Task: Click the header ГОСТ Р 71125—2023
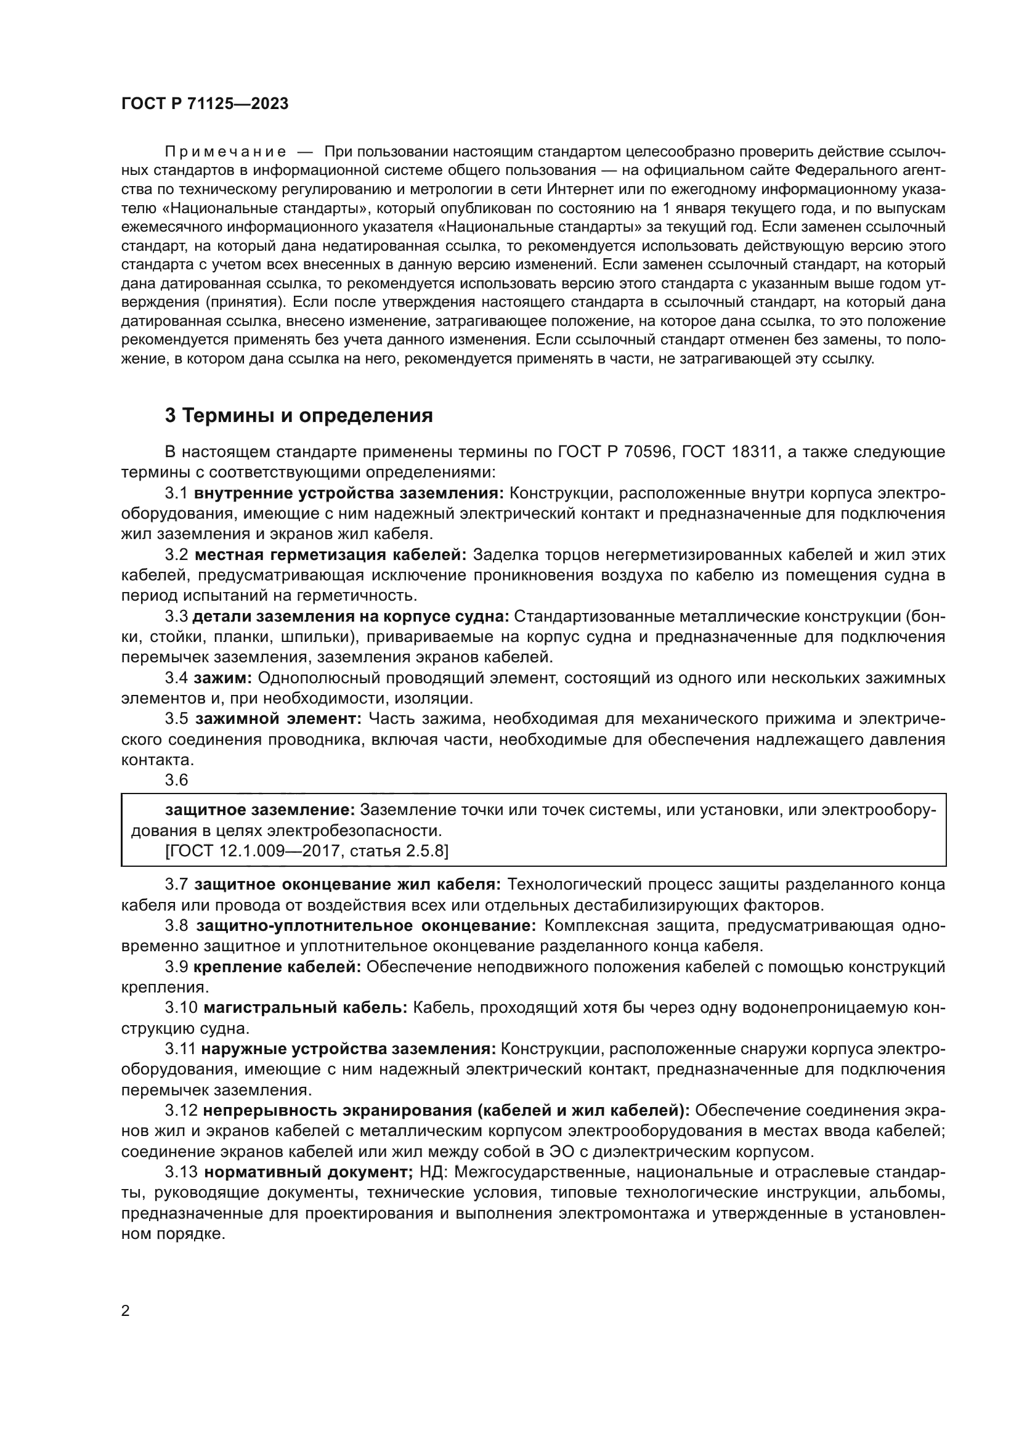205,104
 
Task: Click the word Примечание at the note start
225,152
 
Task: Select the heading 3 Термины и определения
299,415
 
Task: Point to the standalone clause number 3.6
176,780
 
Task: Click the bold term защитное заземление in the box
260,810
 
